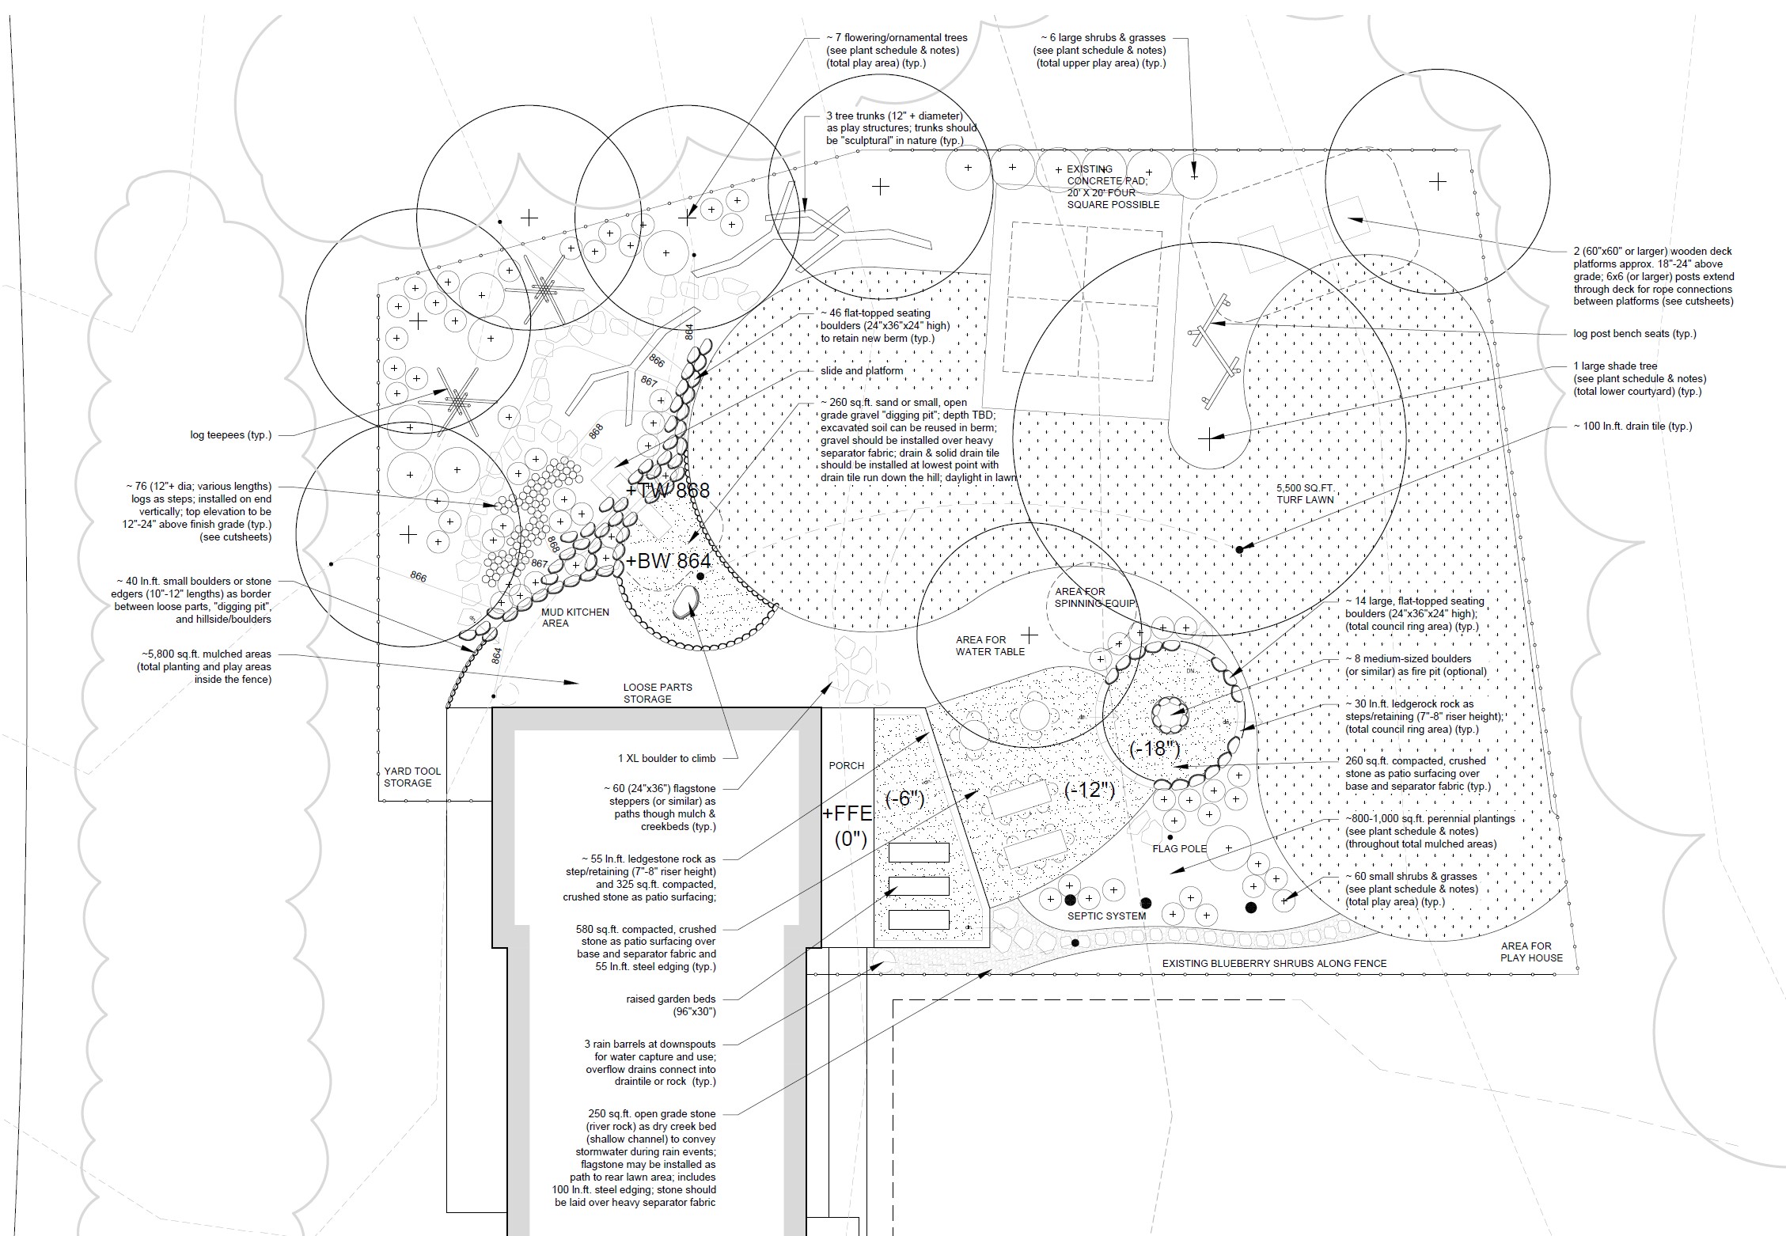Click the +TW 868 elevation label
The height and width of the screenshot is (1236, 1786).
tap(668, 491)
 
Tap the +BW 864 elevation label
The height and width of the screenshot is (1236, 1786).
tap(668, 560)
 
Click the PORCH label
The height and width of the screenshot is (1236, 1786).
tap(847, 765)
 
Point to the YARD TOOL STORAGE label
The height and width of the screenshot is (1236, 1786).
tap(412, 777)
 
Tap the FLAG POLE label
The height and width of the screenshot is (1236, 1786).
tap(1180, 848)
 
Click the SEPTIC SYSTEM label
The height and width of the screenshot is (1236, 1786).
tap(1106, 916)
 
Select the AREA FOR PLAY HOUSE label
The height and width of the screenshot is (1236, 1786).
tap(1532, 951)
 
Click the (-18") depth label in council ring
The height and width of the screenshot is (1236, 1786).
tap(1155, 749)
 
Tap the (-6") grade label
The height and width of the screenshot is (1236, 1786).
tap(904, 798)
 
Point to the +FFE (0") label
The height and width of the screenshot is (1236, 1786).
tap(849, 826)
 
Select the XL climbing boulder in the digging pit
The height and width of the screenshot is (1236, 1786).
tap(685, 603)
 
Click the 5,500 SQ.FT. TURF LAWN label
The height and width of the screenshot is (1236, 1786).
tap(1305, 494)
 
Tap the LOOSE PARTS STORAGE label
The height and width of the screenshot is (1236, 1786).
tap(658, 693)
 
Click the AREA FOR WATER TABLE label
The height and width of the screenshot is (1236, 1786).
tap(990, 646)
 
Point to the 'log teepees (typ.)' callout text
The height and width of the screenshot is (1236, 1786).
tap(230, 435)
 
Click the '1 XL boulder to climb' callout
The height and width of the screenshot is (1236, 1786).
tap(666, 758)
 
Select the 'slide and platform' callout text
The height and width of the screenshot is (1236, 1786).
tap(861, 370)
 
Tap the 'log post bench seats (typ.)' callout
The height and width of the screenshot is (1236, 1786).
tap(1635, 334)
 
